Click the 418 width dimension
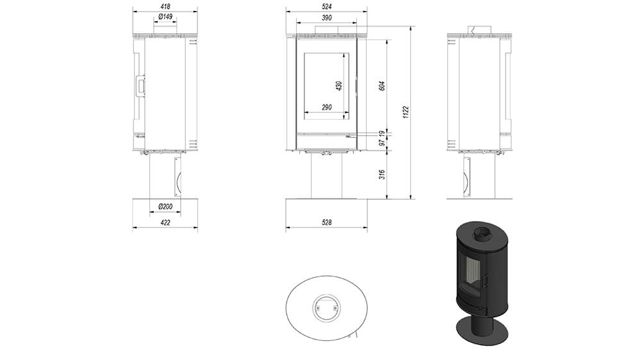coord(165,6)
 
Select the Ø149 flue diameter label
coord(165,17)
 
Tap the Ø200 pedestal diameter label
coord(165,207)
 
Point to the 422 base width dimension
coord(165,223)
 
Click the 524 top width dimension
coord(327,6)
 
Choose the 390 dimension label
coord(327,18)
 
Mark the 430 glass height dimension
coord(339,86)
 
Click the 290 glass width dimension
coord(327,108)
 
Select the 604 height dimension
coord(382,86)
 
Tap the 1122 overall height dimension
coord(406,112)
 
